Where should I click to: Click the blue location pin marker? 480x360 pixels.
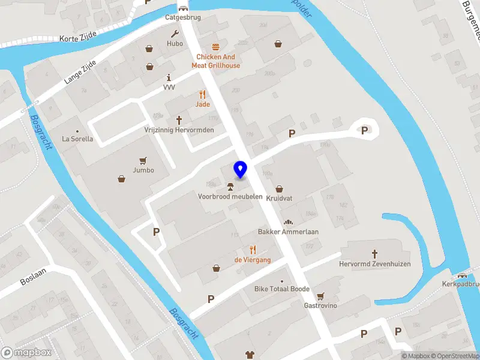tap(241, 169)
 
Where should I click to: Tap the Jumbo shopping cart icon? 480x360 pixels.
tap(143, 160)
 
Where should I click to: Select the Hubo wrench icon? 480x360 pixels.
tap(175, 34)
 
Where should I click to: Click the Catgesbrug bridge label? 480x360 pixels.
tap(183, 17)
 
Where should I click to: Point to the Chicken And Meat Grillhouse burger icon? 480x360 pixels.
tap(215, 47)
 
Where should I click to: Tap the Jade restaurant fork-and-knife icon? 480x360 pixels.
tap(203, 94)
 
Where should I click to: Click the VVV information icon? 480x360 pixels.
tap(169, 77)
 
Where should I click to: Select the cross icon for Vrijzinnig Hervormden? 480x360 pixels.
tap(179, 120)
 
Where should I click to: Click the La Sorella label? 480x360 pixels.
tap(78, 139)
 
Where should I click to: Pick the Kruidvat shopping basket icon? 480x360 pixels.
tap(279, 188)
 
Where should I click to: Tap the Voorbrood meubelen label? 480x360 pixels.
tap(230, 196)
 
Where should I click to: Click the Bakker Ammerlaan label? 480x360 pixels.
tap(288, 232)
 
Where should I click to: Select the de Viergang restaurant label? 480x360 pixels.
tap(253, 260)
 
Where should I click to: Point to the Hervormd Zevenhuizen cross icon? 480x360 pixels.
tap(375, 254)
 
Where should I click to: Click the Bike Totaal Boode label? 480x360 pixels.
tap(282, 289)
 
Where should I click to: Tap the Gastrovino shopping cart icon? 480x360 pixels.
tap(320, 296)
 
